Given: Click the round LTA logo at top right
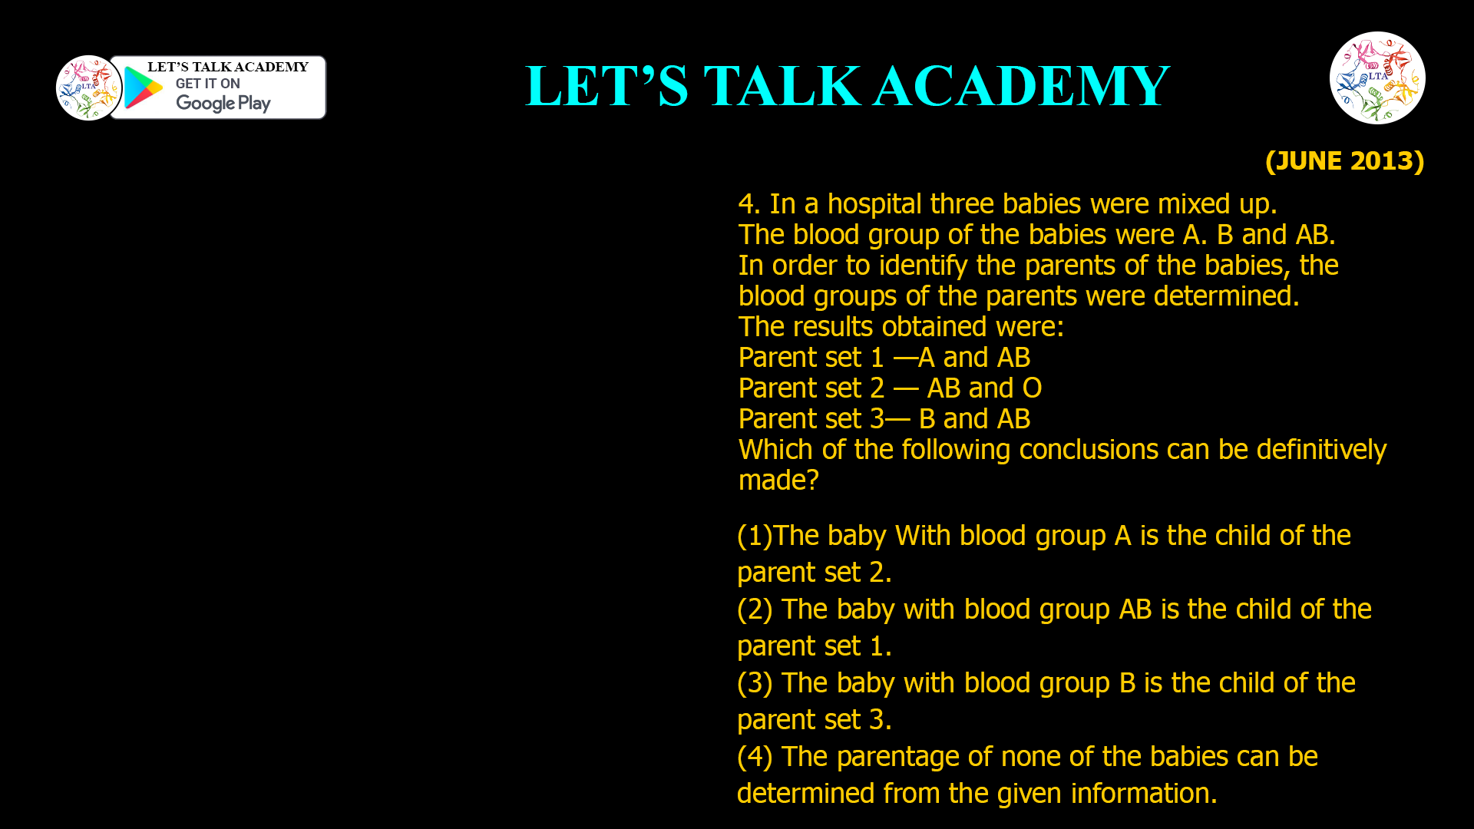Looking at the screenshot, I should point(1377,78).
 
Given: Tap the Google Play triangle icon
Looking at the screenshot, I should point(143,88).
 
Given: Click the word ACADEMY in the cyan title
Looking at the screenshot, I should point(1021,86).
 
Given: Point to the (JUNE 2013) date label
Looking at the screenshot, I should point(1344,160).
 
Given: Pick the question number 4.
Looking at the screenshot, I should point(746,204).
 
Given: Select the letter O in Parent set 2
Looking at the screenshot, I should point(1032,388).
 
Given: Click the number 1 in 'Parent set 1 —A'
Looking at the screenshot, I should point(877,358).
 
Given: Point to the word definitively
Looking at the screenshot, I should point(1321,450).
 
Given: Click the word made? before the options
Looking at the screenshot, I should point(778,481).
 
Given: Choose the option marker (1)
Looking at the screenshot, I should point(754,536).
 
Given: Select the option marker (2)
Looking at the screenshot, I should point(754,609).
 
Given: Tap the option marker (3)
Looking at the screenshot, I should point(754,683).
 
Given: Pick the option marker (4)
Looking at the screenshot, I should point(754,757).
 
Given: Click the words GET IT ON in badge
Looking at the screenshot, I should point(207,84).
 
